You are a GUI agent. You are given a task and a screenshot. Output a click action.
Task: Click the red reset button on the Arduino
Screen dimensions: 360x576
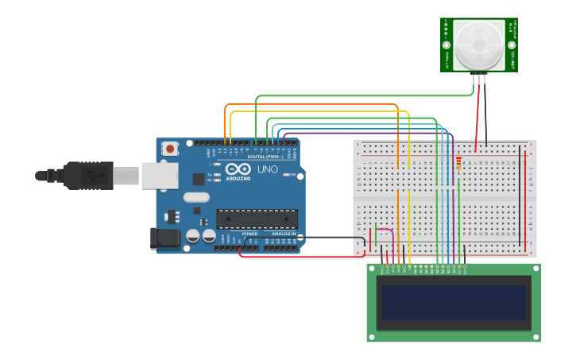[170, 148]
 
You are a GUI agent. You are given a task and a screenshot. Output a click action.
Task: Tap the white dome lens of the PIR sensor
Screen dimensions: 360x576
[479, 45]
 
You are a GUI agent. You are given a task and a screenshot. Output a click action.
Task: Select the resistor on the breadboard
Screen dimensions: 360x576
[458, 163]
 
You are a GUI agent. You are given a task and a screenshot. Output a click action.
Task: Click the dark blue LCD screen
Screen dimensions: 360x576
[454, 302]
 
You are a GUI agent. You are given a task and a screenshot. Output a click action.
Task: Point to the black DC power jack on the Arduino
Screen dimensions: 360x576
[161, 238]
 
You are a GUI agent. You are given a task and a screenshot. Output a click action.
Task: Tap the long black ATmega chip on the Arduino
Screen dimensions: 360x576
[257, 219]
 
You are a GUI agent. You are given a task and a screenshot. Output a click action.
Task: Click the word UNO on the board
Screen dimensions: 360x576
[265, 169]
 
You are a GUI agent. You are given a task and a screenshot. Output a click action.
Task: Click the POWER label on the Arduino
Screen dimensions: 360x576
[249, 234]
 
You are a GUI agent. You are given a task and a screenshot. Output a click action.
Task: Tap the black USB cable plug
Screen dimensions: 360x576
[87, 175]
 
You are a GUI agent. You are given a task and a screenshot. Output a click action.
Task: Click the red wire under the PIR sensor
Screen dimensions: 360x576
[477, 111]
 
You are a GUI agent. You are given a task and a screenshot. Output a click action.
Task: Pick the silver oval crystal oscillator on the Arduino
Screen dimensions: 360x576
[196, 197]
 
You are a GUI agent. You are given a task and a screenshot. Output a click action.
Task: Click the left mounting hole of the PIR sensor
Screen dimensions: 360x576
[447, 45]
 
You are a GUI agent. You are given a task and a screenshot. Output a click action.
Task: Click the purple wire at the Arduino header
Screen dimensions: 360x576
[284, 139]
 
